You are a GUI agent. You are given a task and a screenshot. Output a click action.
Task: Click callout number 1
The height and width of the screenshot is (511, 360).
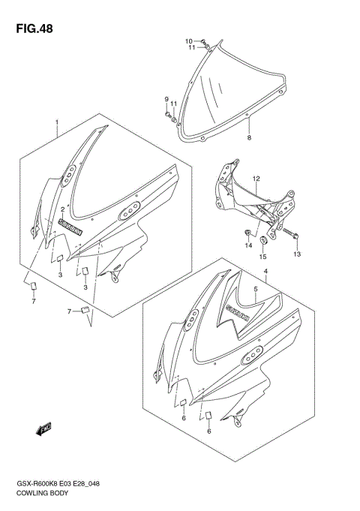pyautogui.click(x=56, y=122)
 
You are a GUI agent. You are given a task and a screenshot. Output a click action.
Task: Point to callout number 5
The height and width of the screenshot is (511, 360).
pyautogui.click(x=256, y=288)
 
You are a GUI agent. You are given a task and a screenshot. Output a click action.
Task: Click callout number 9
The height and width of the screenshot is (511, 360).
pyautogui.click(x=166, y=100)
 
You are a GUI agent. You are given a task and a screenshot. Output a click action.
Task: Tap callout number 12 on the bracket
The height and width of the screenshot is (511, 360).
pyautogui.click(x=256, y=179)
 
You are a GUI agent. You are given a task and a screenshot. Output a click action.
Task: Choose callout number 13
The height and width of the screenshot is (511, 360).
pyautogui.click(x=295, y=255)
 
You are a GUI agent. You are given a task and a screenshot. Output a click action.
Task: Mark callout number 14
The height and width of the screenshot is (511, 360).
pyautogui.click(x=248, y=245)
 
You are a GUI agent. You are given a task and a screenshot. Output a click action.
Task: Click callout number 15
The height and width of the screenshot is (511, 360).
pyautogui.click(x=262, y=257)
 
